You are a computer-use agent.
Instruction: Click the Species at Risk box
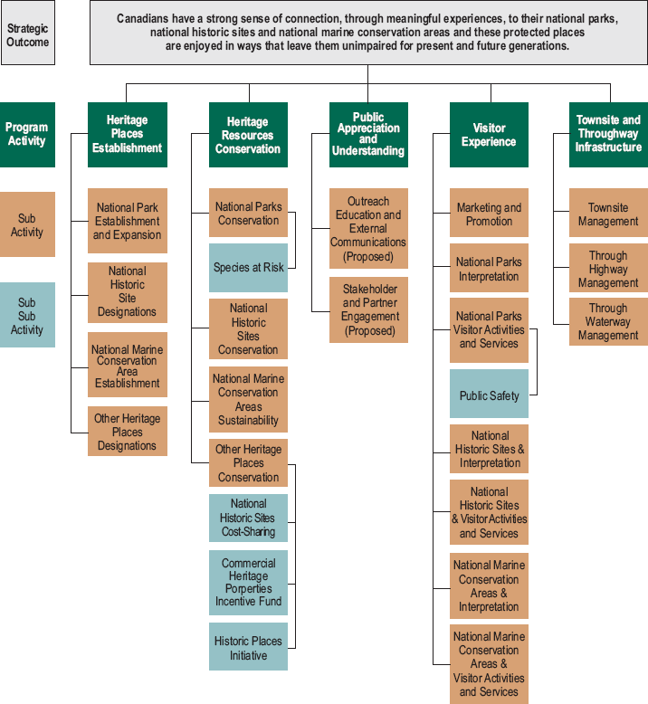248,268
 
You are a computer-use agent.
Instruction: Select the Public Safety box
489,394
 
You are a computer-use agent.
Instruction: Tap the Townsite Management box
608,213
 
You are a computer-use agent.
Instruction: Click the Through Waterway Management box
608,322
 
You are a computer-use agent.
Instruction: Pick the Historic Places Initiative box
248,646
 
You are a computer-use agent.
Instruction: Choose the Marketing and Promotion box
489,213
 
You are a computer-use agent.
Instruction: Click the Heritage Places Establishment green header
128,135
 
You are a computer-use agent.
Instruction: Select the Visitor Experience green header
489,135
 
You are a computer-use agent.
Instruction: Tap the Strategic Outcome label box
28,33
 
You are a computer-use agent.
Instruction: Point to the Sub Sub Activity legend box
27,315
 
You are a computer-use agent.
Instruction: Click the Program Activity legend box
27,135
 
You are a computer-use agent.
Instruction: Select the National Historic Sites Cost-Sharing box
248,518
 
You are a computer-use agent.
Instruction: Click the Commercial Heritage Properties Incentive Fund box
248,583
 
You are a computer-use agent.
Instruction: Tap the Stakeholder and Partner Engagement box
368,310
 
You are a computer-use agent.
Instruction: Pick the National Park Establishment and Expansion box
128,221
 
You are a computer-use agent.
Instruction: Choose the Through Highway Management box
608,268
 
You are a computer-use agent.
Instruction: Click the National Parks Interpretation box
489,268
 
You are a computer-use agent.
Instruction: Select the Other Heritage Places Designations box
128,432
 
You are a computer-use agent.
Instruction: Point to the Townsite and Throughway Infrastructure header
608,135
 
